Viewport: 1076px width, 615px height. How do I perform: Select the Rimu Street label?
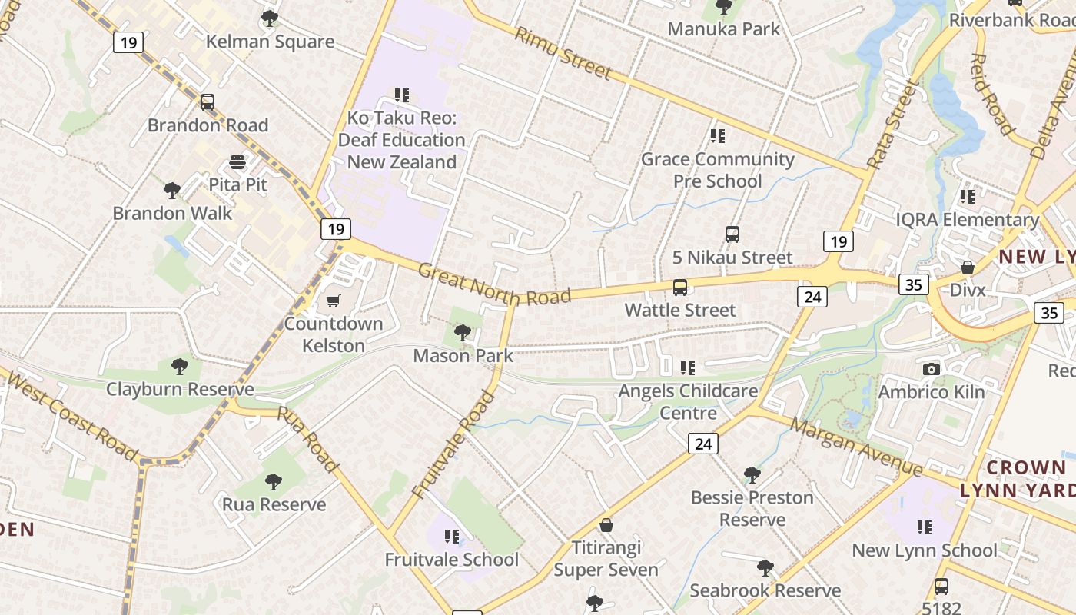[563, 53]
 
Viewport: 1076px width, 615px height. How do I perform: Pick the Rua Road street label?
[307, 439]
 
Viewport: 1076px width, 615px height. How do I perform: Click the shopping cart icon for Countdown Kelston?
[333, 301]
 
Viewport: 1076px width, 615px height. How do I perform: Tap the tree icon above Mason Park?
[462, 332]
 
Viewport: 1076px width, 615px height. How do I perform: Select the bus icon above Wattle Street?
[679, 288]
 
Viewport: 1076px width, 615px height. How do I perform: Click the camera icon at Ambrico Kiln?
[932, 369]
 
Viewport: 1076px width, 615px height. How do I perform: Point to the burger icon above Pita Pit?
[237, 162]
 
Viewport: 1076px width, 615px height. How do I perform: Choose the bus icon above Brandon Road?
[207, 102]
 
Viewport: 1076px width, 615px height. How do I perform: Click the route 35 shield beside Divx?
[914, 285]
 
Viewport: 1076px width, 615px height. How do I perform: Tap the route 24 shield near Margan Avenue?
[702, 444]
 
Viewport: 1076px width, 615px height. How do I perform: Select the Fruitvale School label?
[452, 560]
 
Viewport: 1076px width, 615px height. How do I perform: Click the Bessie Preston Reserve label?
[752, 508]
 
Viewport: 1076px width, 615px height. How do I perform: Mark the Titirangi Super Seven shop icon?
[606, 526]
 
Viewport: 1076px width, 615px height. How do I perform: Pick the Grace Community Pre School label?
[717, 170]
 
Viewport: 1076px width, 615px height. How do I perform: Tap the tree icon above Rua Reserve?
[273, 482]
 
